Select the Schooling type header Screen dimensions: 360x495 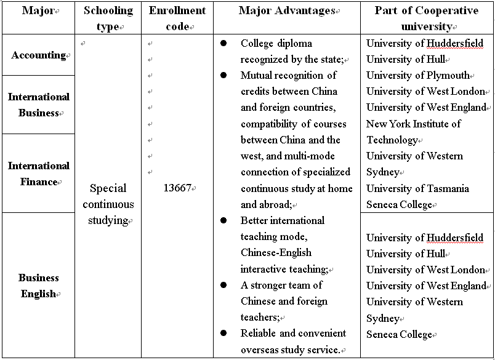coord(108,18)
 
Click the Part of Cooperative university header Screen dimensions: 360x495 coord(426,18)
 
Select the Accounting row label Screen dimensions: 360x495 coord(38,55)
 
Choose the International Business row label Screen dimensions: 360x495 coord(38,105)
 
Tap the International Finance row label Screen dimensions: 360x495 coord(38,174)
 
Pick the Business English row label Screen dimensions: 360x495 coord(38,286)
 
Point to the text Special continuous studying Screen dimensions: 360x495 coord(108,204)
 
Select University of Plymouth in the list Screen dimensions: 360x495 coord(418,76)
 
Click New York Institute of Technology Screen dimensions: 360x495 coord(413,132)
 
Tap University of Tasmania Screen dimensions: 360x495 coord(417,189)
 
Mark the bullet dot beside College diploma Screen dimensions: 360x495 coord(224,44)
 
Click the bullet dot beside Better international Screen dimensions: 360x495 coord(224,220)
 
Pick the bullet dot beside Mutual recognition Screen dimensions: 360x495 coord(224,76)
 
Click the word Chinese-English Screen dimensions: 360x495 coord(276,253)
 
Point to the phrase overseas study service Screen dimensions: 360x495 coord(290,350)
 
